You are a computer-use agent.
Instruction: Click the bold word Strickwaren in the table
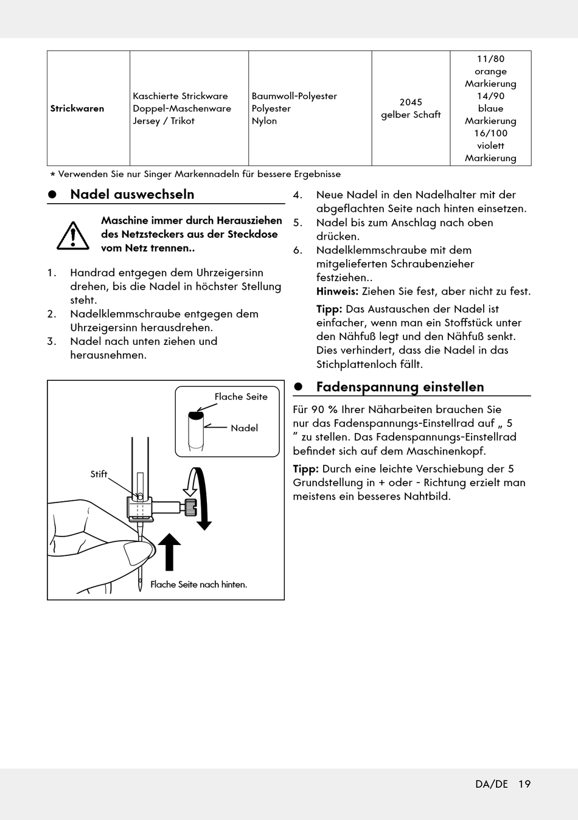pyautogui.click(x=77, y=108)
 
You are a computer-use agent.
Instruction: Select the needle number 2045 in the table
pyautogui.click(x=411, y=102)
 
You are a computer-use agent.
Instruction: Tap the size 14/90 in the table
pyautogui.click(x=490, y=96)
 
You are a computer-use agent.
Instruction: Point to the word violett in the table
pyautogui.click(x=490, y=146)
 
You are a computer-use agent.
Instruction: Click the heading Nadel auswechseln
pyautogui.click(x=132, y=194)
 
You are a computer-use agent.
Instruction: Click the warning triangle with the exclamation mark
pyautogui.click(x=73, y=236)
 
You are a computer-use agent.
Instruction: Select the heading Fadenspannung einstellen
pyautogui.click(x=400, y=386)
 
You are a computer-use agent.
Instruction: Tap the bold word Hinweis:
pyautogui.click(x=337, y=291)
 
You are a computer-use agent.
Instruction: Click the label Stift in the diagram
pyautogui.click(x=99, y=474)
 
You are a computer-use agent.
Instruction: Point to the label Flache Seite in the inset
pyautogui.click(x=241, y=397)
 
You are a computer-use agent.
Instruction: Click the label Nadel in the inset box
pyautogui.click(x=244, y=428)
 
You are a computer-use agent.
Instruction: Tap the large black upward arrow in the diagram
pyautogui.click(x=169, y=552)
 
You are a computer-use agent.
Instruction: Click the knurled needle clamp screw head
pyautogui.click(x=190, y=507)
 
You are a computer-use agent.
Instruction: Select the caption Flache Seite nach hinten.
pyautogui.click(x=199, y=585)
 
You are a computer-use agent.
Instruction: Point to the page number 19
pyautogui.click(x=524, y=784)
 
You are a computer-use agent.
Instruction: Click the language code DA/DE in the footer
pyautogui.click(x=492, y=784)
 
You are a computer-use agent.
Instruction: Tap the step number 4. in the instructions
pyautogui.click(x=298, y=195)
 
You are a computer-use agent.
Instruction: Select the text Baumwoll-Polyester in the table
pyautogui.click(x=294, y=96)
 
